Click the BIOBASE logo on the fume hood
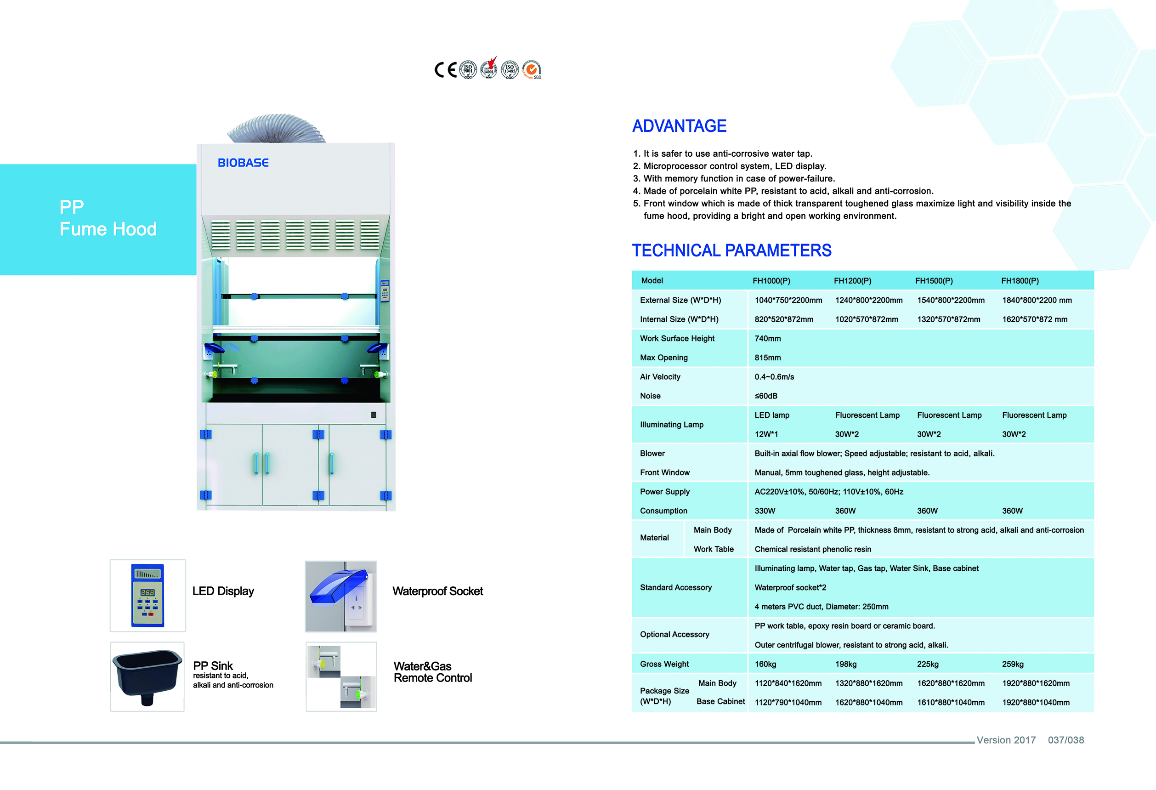pyautogui.click(x=243, y=163)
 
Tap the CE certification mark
pyautogui.click(x=445, y=70)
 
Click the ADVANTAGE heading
pyautogui.click(x=679, y=126)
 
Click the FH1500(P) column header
pyautogui.click(x=934, y=281)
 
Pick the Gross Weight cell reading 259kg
pyautogui.click(x=1012, y=664)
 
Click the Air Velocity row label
pyautogui.click(x=660, y=376)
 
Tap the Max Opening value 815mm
pyautogui.click(x=767, y=358)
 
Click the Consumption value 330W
pyautogui.click(x=765, y=511)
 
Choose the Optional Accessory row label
pyautogui.click(x=674, y=634)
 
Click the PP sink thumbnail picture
pyautogui.click(x=147, y=676)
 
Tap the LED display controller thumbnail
pyautogui.click(x=148, y=596)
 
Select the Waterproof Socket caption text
pyautogui.click(x=437, y=591)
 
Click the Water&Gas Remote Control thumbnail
pyautogui.click(x=341, y=676)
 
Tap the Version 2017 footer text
pyautogui.click(x=1006, y=740)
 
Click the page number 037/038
pyautogui.click(x=1065, y=740)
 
